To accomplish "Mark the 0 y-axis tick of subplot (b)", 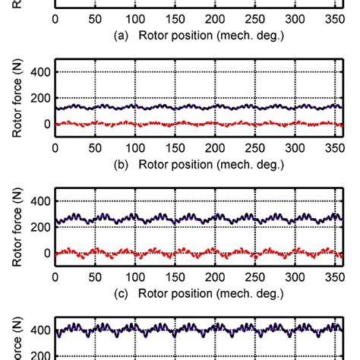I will click(x=45, y=124).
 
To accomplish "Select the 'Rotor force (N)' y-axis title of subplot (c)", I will click(x=17, y=226).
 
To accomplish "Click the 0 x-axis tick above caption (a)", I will click(x=55, y=18).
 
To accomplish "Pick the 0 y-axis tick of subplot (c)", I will click(x=45, y=253).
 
